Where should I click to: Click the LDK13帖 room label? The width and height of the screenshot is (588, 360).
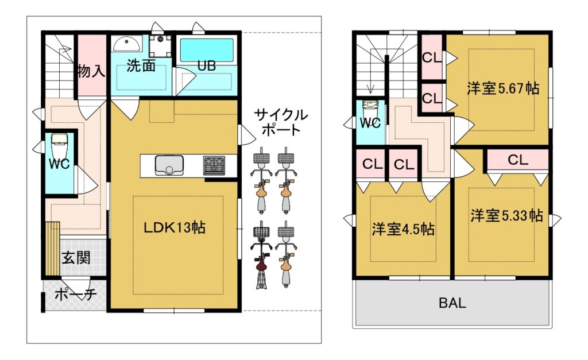175,227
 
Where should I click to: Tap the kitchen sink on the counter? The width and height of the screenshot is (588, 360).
169,165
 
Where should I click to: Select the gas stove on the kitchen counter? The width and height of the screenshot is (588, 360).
214,165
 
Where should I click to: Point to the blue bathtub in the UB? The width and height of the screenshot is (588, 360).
207,50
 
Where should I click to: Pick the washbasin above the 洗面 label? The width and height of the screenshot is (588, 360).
127,44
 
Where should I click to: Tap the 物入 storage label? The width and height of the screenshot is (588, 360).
91,71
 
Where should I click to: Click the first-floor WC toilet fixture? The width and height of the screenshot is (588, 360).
59,145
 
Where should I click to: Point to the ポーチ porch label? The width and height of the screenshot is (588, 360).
76,294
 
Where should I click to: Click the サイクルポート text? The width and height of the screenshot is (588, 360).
281,122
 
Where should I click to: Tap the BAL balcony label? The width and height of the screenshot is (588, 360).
452,303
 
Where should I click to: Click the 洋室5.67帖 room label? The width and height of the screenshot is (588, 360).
503,88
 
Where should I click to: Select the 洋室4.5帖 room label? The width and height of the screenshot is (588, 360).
403,229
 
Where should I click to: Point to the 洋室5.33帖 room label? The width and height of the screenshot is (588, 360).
506,216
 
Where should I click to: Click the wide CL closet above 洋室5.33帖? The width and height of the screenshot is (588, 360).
518,160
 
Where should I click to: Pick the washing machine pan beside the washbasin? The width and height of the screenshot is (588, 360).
160,46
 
